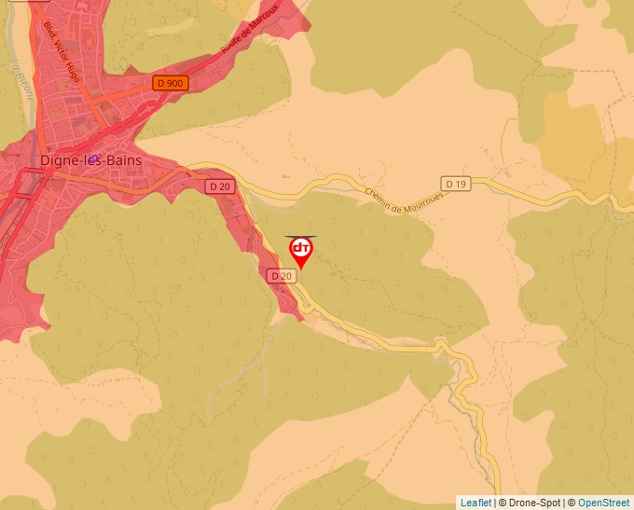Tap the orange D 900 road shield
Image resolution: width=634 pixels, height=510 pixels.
click(x=172, y=83)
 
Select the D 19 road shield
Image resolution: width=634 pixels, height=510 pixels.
click(x=455, y=184)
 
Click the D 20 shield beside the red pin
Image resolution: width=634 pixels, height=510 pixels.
click(x=281, y=276)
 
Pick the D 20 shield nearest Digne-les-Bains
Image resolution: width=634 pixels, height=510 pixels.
click(x=219, y=186)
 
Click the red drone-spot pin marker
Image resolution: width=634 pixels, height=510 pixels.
click(x=301, y=249)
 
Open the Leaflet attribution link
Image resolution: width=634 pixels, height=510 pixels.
click(x=475, y=503)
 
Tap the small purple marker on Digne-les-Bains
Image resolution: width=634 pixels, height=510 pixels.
click(x=93, y=159)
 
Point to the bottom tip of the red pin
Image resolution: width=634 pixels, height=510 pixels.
click(x=301, y=269)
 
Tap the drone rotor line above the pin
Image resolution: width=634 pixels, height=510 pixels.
click(x=301, y=237)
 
